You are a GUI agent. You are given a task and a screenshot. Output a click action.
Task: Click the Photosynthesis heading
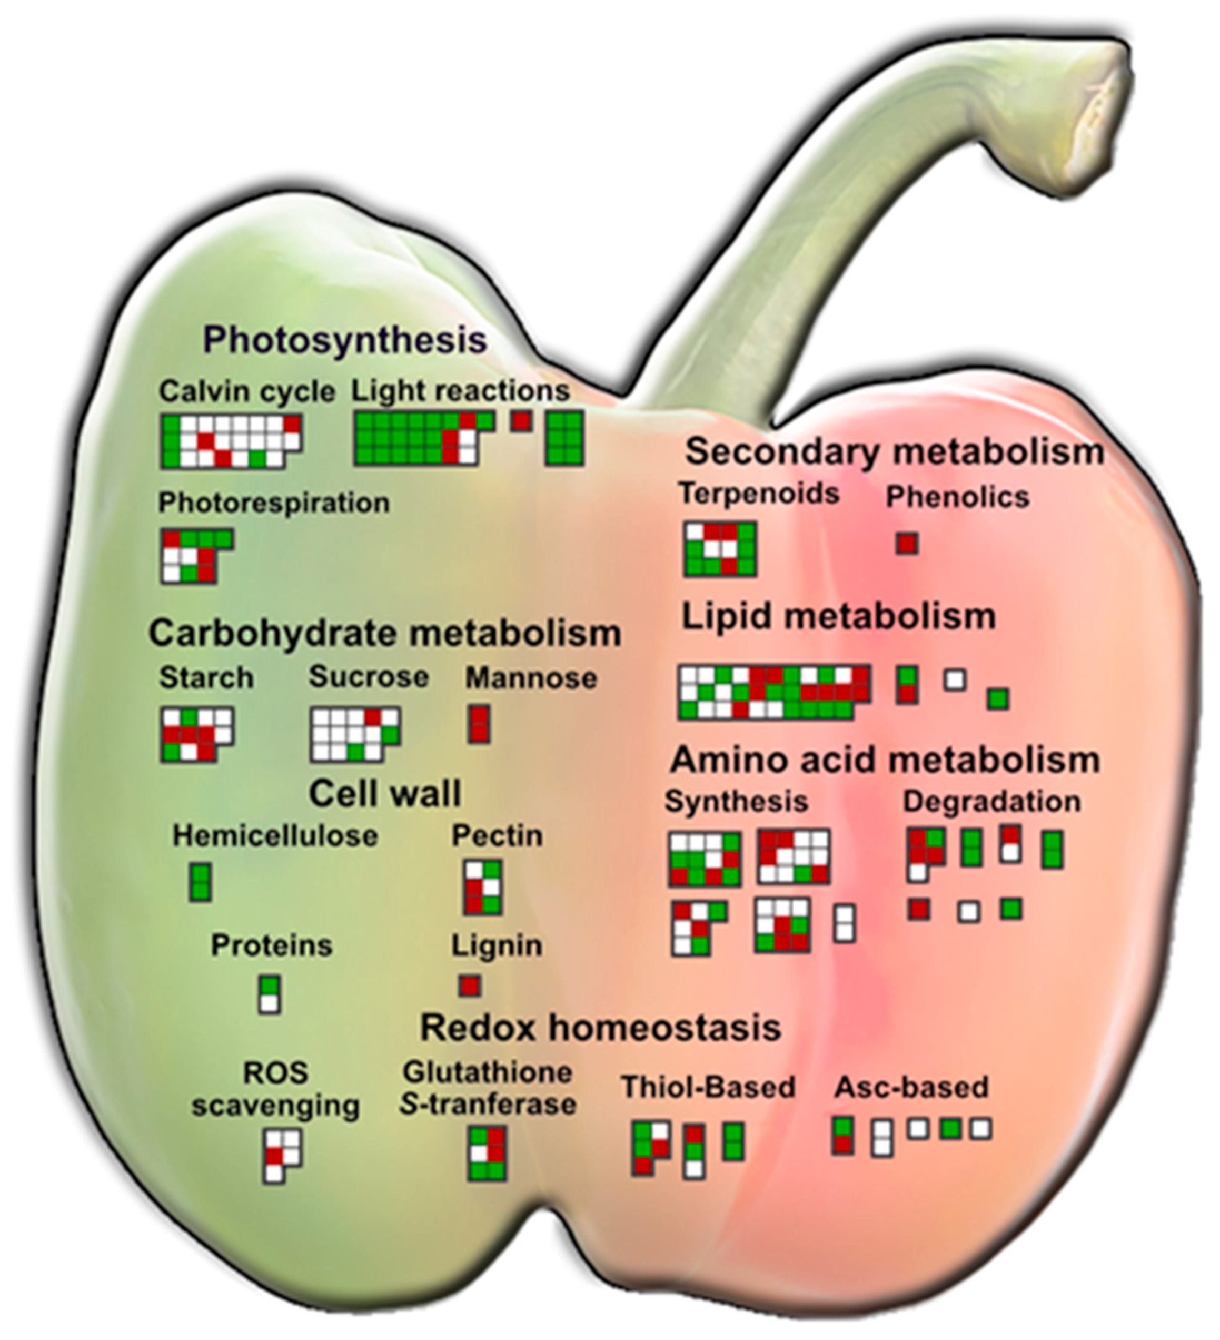pos(345,340)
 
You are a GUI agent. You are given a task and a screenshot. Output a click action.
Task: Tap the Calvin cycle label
pos(246,391)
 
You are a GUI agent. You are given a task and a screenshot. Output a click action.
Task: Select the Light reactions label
pos(461,390)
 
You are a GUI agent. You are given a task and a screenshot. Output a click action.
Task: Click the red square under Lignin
pos(470,985)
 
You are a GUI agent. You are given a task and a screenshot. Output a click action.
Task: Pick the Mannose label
pos(531,678)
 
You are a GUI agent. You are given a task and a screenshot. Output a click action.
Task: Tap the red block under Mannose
pos(479,724)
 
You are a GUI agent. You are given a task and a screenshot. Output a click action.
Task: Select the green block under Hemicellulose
pos(200,881)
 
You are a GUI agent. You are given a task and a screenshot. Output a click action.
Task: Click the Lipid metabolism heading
pos(839,617)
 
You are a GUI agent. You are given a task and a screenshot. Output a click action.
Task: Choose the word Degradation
pos(991,802)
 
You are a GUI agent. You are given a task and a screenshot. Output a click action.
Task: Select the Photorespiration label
pos(274,503)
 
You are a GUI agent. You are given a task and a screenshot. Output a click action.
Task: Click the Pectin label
pos(497,835)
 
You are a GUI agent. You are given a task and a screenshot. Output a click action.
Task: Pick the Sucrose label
pos(369,677)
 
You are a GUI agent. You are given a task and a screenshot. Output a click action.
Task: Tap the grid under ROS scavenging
pos(282,1156)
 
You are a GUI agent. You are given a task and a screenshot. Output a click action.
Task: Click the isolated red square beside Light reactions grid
pos(521,421)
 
